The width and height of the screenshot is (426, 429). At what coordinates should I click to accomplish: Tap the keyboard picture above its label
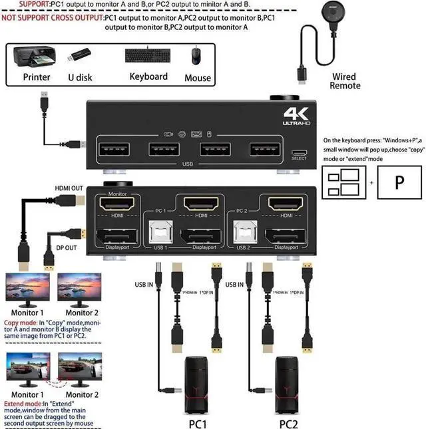[148, 55]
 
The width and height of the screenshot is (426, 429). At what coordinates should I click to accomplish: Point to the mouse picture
[196, 56]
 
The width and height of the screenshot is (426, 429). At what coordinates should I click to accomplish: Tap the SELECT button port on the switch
[299, 153]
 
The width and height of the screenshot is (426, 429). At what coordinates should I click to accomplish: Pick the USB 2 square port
[245, 232]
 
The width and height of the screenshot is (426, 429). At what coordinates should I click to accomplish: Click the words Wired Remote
[345, 81]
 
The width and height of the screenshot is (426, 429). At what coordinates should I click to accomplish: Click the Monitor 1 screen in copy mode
[27, 291]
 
